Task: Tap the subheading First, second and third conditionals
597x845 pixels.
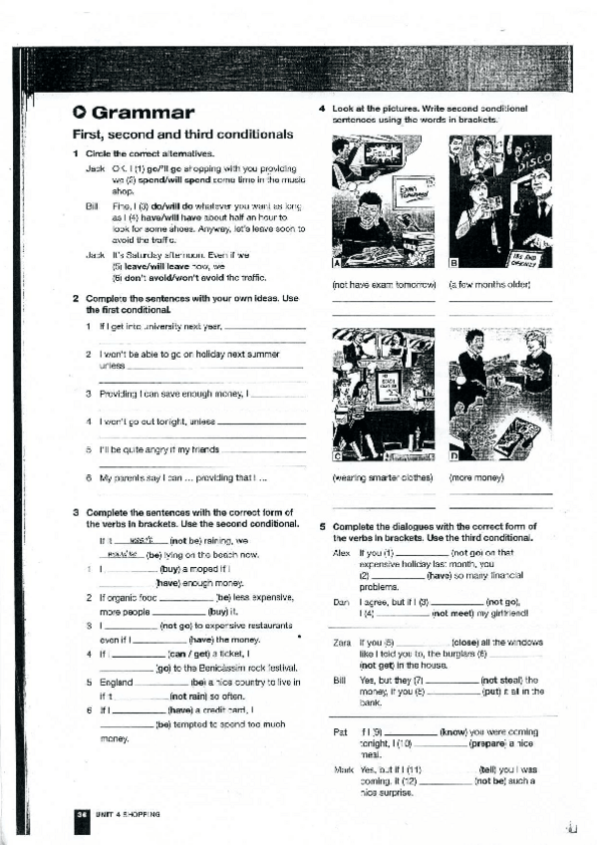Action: click(183, 135)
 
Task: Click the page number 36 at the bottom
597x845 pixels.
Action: click(80, 814)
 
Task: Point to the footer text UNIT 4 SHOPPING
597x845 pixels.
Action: click(125, 814)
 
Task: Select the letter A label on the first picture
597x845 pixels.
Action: click(337, 264)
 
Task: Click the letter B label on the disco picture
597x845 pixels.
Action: click(454, 264)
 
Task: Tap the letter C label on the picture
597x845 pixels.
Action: click(337, 456)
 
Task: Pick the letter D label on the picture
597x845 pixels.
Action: click(454, 456)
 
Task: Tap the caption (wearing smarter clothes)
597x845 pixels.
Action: click(383, 477)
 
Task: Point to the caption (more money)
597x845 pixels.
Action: click(476, 477)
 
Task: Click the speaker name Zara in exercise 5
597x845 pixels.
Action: click(340, 643)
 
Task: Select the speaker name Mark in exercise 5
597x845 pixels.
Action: click(341, 770)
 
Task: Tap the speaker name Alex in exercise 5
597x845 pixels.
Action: click(340, 551)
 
